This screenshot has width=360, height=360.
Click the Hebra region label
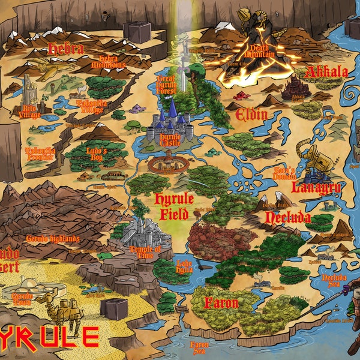[65, 49]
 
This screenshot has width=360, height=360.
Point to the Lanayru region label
[316, 187]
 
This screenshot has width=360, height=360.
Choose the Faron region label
[221, 302]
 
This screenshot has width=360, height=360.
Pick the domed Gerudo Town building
[26, 290]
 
